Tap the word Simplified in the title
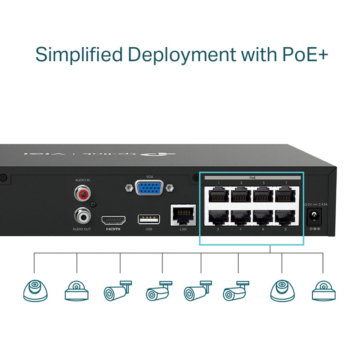tap(79, 54)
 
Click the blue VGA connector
tap(149, 188)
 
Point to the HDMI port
tap(113, 220)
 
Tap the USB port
tap(149, 219)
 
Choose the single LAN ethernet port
tap(183, 215)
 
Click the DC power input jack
tap(315, 217)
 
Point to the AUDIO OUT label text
tap(81, 229)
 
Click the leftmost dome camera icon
tap(35, 290)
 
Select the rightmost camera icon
tap(324, 291)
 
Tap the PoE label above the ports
tap(252, 178)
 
